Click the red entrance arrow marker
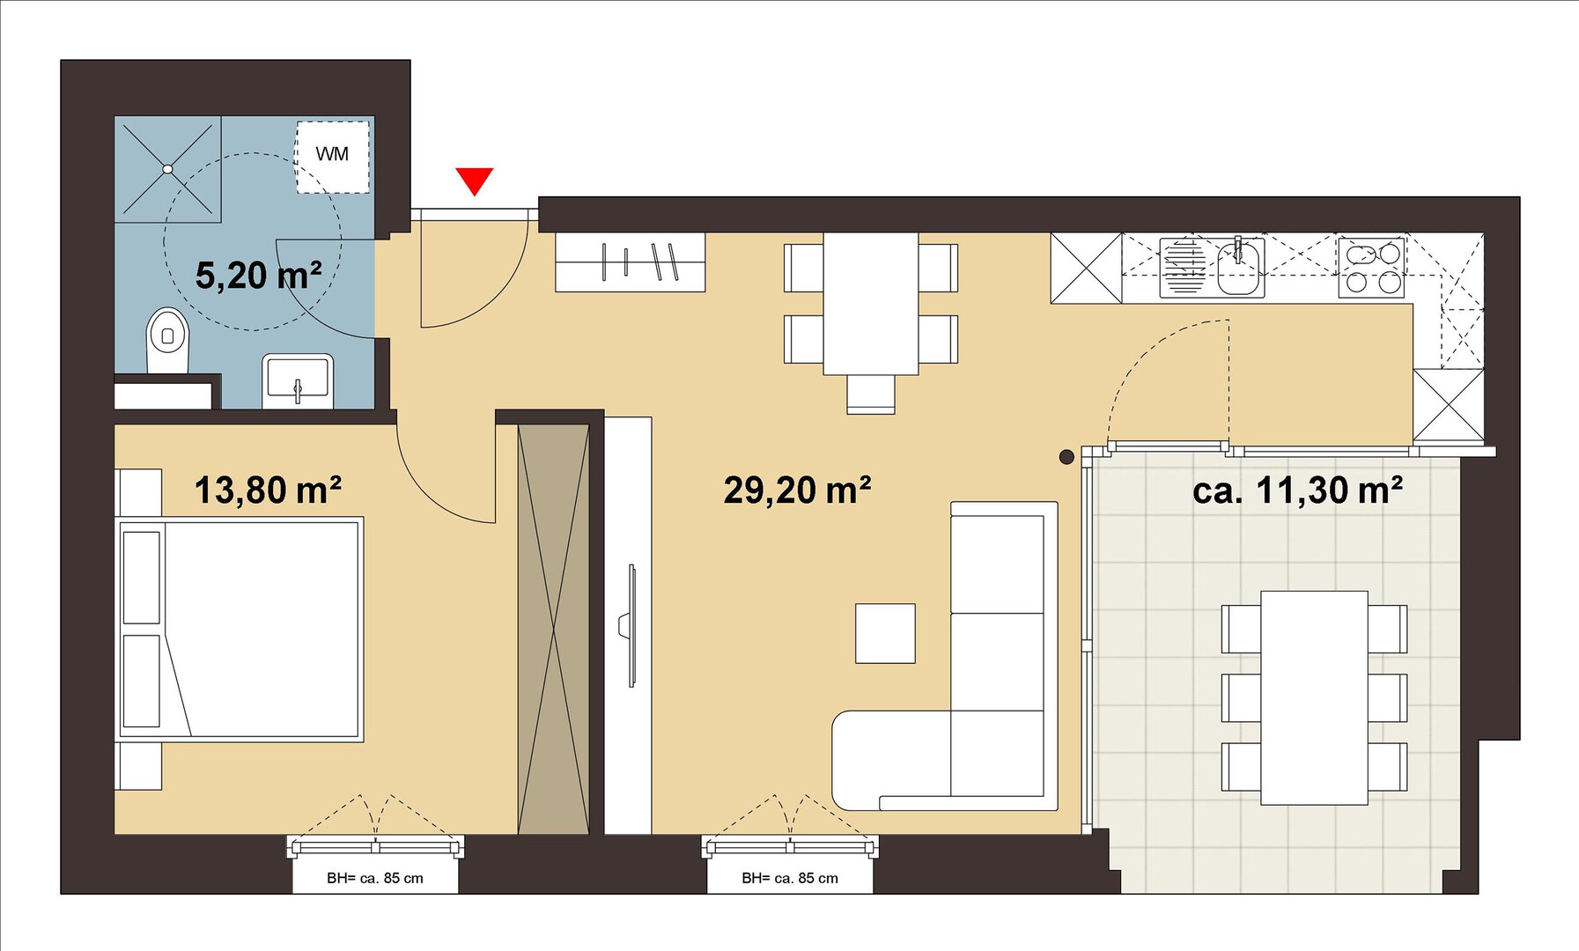point(475,181)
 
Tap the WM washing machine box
point(332,157)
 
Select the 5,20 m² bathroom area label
point(258,275)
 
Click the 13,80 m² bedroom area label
point(268,490)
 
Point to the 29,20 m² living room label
point(797,490)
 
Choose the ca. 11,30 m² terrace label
point(1297,490)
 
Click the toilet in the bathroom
point(167,340)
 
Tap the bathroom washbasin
point(298,380)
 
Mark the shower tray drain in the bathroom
point(167,168)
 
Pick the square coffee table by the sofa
point(885,633)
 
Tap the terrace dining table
point(1314,697)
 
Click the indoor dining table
point(871,304)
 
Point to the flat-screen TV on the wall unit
point(630,625)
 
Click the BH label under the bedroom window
point(375,878)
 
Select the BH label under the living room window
point(790,878)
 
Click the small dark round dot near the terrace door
point(1066,457)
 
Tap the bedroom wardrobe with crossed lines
point(553,629)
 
